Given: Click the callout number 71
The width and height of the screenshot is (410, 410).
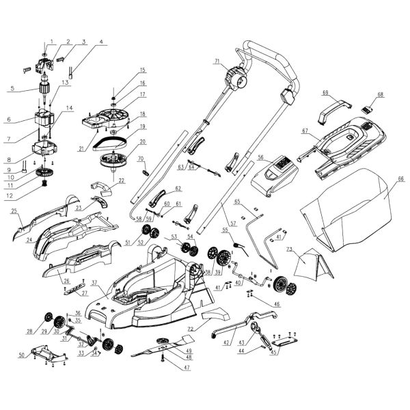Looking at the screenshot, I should pyautogui.click(x=217, y=62).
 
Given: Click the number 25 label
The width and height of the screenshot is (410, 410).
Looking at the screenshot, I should pyautogui.click(x=14, y=212).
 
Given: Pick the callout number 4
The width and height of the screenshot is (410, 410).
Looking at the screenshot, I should pyautogui.click(x=102, y=41).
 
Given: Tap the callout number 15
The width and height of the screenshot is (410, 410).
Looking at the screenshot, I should pyautogui.click(x=143, y=70).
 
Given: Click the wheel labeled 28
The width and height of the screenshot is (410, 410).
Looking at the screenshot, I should pyautogui.click(x=49, y=318).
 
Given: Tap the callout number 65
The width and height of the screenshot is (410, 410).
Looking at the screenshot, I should pyautogui.click(x=238, y=202).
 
